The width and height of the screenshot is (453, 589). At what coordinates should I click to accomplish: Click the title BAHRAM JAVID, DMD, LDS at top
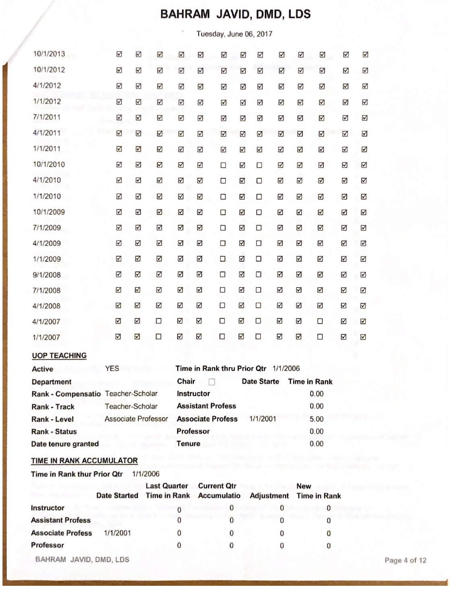235,14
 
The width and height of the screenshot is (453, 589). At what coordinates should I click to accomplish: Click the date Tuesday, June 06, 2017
234,34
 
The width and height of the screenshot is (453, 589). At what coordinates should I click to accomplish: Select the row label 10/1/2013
49,54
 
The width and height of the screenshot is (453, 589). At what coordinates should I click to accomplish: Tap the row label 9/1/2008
47,275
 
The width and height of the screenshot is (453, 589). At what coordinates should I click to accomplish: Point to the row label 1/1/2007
46,337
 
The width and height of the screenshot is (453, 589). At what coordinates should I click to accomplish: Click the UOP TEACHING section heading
59,355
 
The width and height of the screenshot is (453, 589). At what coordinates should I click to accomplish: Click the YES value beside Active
112,368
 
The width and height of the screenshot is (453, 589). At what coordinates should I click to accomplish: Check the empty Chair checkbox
212,382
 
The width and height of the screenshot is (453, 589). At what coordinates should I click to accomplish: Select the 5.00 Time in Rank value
316,419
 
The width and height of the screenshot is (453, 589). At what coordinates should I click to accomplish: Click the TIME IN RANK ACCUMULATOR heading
84,461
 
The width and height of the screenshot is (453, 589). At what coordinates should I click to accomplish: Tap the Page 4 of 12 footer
405,560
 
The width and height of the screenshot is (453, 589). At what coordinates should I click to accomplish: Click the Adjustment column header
269,496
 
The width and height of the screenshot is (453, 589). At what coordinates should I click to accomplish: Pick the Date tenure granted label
65,444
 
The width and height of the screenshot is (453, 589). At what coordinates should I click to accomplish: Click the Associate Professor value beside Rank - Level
136,419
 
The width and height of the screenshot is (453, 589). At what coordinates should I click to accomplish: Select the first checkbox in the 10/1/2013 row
119,54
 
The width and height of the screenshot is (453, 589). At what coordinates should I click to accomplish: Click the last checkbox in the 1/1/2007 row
363,337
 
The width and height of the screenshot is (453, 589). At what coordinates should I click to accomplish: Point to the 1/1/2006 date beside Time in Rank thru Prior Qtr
286,368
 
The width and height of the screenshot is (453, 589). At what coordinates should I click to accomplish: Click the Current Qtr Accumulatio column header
219,491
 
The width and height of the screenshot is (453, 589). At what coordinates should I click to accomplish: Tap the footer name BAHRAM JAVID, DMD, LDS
82,559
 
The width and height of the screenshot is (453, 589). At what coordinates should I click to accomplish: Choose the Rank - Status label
54,431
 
